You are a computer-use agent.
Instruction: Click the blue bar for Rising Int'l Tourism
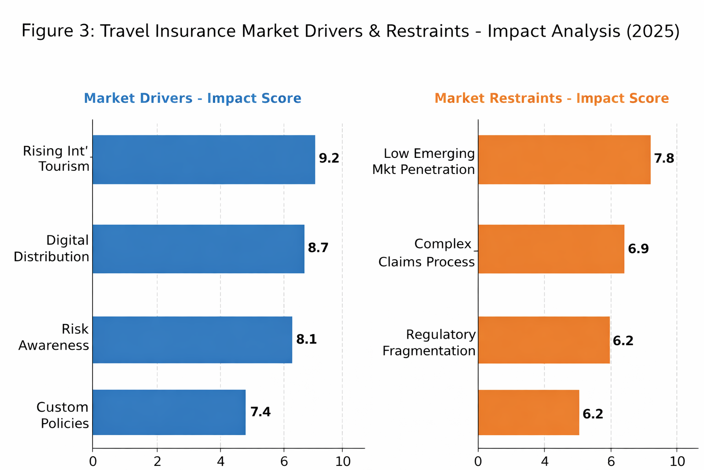(x=203, y=159)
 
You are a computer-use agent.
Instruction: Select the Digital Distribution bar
(x=198, y=249)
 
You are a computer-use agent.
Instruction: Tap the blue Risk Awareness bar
(x=192, y=340)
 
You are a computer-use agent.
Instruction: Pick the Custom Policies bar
(x=169, y=412)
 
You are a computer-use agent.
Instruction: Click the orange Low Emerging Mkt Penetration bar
(x=564, y=159)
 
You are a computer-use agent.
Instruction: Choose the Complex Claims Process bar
(x=551, y=249)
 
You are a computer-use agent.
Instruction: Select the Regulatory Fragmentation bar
(x=544, y=340)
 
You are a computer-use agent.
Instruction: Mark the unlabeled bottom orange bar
(x=528, y=412)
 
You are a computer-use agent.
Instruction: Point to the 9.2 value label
(x=329, y=158)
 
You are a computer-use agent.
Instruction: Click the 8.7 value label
(x=318, y=248)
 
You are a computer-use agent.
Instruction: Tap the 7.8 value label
(x=664, y=159)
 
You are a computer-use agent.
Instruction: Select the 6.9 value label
(x=638, y=249)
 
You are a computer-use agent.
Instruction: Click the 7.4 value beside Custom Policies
(x=260, y=412)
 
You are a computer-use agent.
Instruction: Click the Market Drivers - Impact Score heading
(x=192, y=98)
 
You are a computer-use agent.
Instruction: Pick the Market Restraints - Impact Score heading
(x=551, y=98)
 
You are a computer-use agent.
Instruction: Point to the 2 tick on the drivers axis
(x=157, y=461)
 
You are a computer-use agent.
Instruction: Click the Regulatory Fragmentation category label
(x=429, y=342)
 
